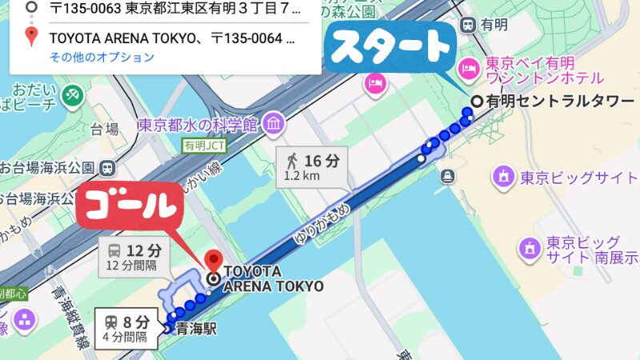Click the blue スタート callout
392,49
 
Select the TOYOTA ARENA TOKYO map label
273,278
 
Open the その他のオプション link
102,57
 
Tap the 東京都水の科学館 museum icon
274,124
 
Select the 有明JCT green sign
205,146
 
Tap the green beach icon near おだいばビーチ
72,94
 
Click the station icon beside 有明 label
466,25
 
